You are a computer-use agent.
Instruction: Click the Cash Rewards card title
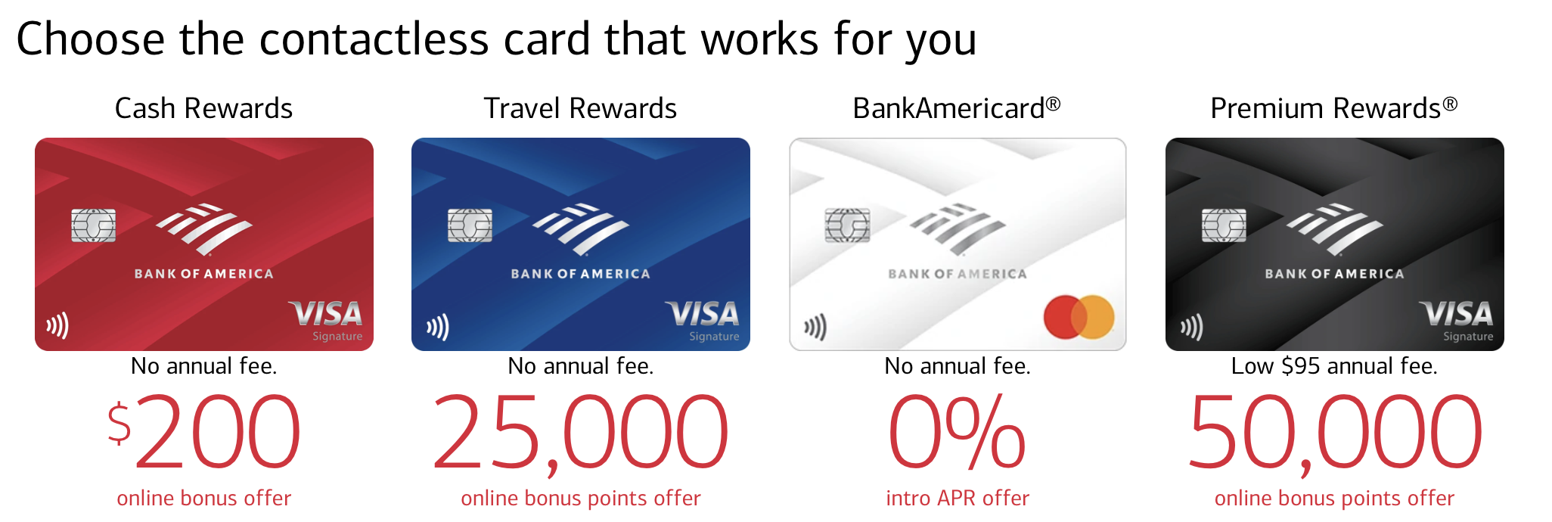[203, 108]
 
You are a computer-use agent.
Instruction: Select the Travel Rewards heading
[580, 108]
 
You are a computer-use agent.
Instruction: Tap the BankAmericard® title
[956, 108]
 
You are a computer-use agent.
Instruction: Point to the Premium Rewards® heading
[1333, 108]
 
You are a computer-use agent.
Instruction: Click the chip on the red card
[93, 225]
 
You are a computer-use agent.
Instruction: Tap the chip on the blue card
[470, 225]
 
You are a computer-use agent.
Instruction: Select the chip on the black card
[1224, 225]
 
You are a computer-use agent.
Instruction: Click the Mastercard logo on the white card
[1079, 317]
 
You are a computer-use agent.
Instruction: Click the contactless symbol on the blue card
[438, 327]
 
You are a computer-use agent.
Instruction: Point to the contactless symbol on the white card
[815, 327]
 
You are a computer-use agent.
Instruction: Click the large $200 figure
[203, 431]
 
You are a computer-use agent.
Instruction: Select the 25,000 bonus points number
[580, 433]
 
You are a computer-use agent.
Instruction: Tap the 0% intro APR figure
[957, 431]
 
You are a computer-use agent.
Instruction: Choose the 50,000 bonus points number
[1334, 433]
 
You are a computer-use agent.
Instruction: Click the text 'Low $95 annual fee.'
[1334, 366]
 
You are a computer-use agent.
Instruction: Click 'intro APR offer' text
[958, 498]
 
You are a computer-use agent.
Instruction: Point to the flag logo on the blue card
[580, 228]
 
